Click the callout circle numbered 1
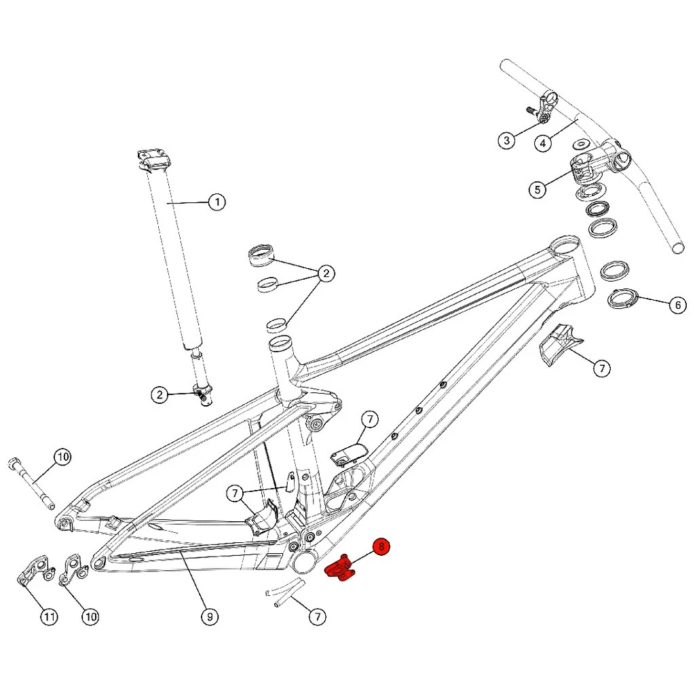(x=216, y=202)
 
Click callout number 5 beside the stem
(x=538, y=189)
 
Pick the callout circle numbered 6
(x=677, y=305)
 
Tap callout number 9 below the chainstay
(x=210, y=616)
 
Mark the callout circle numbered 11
(x=49, y=616)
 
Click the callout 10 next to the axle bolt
(x=62, y=457)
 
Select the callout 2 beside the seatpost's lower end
(x=159, y=394)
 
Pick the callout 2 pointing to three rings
(x=326, y=274)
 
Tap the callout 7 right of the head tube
(x=601, y=369)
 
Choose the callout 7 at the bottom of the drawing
(x=316, y=616)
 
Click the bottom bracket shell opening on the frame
(x=305, y=562)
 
